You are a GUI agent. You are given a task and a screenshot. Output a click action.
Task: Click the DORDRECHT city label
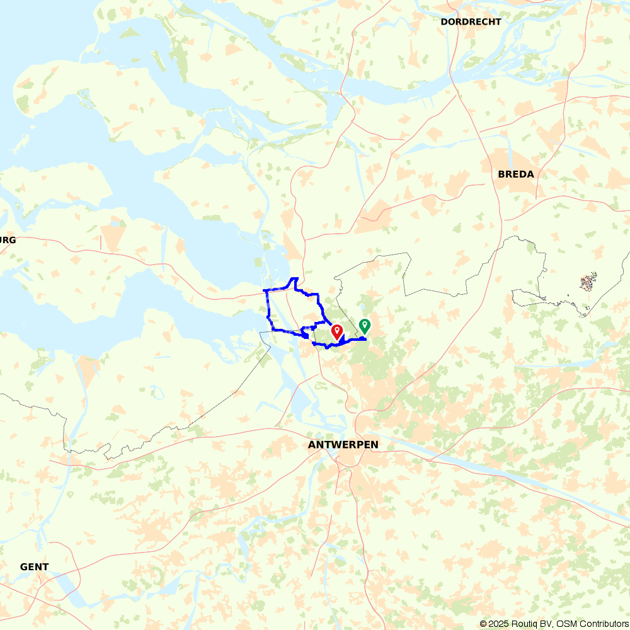pyautogui.click(x=471, y=22)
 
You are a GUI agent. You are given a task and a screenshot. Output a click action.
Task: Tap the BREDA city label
pyautogui.click(x=515, y=175)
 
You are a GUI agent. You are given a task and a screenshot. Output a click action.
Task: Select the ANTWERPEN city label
pyautogui.click(x=343, y=445)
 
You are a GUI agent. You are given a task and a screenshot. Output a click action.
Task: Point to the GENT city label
pyautogui.click(x=34, y=567)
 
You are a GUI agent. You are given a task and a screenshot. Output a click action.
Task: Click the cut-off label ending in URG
pyautogui.click(x=8, y=240)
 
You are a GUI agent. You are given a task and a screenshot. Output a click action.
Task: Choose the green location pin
pyautogui.click(x=364, y=326)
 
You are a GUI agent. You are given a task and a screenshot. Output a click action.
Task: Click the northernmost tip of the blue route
pyautogui.click(x=294, y=278)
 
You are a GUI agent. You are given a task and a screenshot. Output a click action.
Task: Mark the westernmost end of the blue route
pyautogui.click(x=264, y=290)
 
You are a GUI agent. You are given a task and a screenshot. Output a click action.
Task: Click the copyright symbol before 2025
pyautogui.click(x=483, y=624)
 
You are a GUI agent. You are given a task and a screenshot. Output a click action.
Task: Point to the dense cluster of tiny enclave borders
pyautogui.click(x=588, y=282)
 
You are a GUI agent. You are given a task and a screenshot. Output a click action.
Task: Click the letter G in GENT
pyautogui.click(x=24, y=567)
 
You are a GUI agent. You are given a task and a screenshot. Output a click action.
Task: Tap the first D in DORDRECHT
pyautogui.click(x=444, y=22)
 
